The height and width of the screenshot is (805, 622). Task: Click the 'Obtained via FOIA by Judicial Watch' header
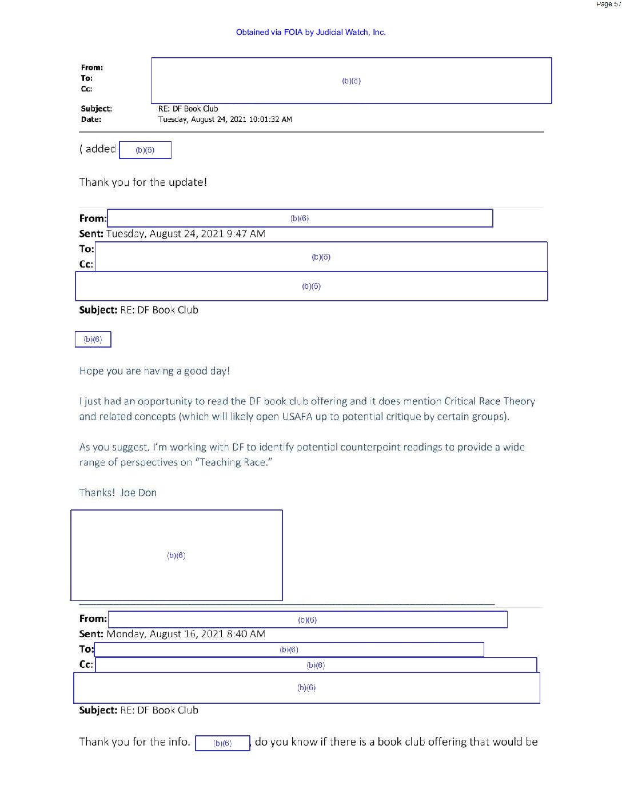[x=310, y=32]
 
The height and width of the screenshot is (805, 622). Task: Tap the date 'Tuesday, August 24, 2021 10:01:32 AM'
[x=225, y=119]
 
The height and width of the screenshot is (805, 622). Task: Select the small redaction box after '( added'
[x=145, y=150]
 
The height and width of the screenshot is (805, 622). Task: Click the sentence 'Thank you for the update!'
[x=143, y=182]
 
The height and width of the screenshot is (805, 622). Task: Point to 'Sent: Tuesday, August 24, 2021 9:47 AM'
[x=172, y=234]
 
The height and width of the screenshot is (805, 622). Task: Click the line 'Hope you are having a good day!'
[x=154, y=371]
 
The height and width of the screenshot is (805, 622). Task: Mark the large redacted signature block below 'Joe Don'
[x=176, y=555]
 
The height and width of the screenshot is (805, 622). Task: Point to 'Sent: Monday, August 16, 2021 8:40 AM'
[x=172, y=634]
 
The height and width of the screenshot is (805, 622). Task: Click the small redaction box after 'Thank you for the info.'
[x=222, y=743]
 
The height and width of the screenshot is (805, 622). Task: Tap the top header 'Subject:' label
[x=96, y=109]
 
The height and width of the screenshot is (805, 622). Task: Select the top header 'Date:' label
[x=91, y=119]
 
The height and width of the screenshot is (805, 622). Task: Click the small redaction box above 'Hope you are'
[x=93, y=340]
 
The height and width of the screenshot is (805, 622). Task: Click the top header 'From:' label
[x=91, y=67]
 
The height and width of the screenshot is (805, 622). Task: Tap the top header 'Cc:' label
[x=86, y=89]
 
